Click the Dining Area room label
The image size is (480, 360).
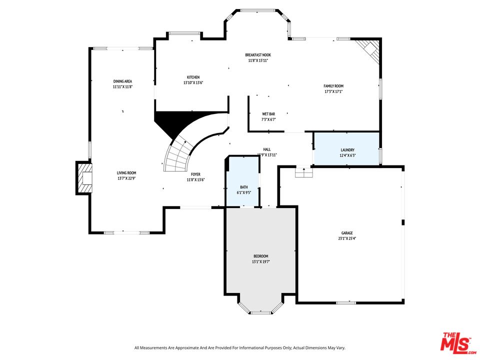click(122, 81)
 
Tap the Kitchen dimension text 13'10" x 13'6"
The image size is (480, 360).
click(193, 83)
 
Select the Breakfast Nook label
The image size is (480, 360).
click(258, 55)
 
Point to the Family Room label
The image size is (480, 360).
click(333, 86)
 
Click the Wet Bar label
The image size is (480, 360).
click(268, 114)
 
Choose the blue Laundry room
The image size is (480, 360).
click(346, 148)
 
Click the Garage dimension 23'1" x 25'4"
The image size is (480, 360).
click(347, 238)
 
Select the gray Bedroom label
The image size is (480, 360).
click(260, 256)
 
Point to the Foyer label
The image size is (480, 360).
click(195, 174)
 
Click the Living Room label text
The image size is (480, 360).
click(126, 172)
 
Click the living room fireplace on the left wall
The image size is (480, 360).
click(84, 177)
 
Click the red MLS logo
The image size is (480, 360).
click(456, 342)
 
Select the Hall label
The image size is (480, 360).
click(267, 149)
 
